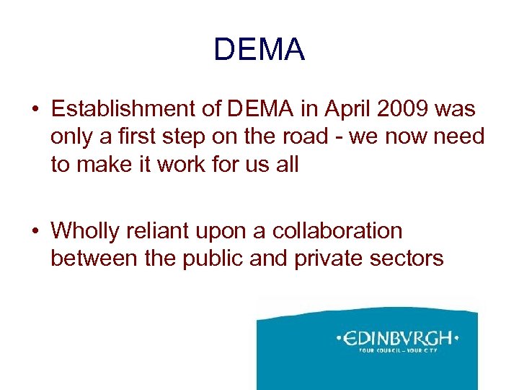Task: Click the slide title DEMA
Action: coord(259,50)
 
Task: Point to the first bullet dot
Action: coord(35,110)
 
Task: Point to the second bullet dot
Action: coord(35,231)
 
